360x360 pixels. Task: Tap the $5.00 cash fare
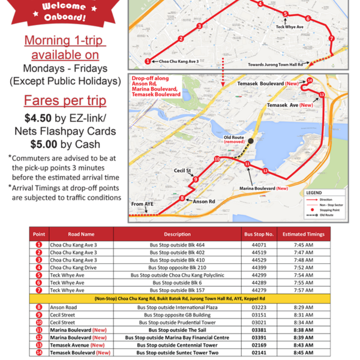(45, 143)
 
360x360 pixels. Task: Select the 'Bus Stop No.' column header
(259, 234)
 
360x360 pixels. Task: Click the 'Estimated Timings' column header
(311, 234)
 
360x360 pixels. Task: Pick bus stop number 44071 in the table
(259, 245)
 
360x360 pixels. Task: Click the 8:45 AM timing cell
(311, 353)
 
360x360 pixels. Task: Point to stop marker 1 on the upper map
(148, 61)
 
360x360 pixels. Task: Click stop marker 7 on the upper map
(331, 38)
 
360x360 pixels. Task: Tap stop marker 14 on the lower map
(310, 80)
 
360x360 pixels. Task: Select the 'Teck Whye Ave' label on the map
(290, 27)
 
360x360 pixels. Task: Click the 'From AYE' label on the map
(142, 204)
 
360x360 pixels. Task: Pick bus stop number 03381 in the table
(259, 330)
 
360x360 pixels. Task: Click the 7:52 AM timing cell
(311, 267)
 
